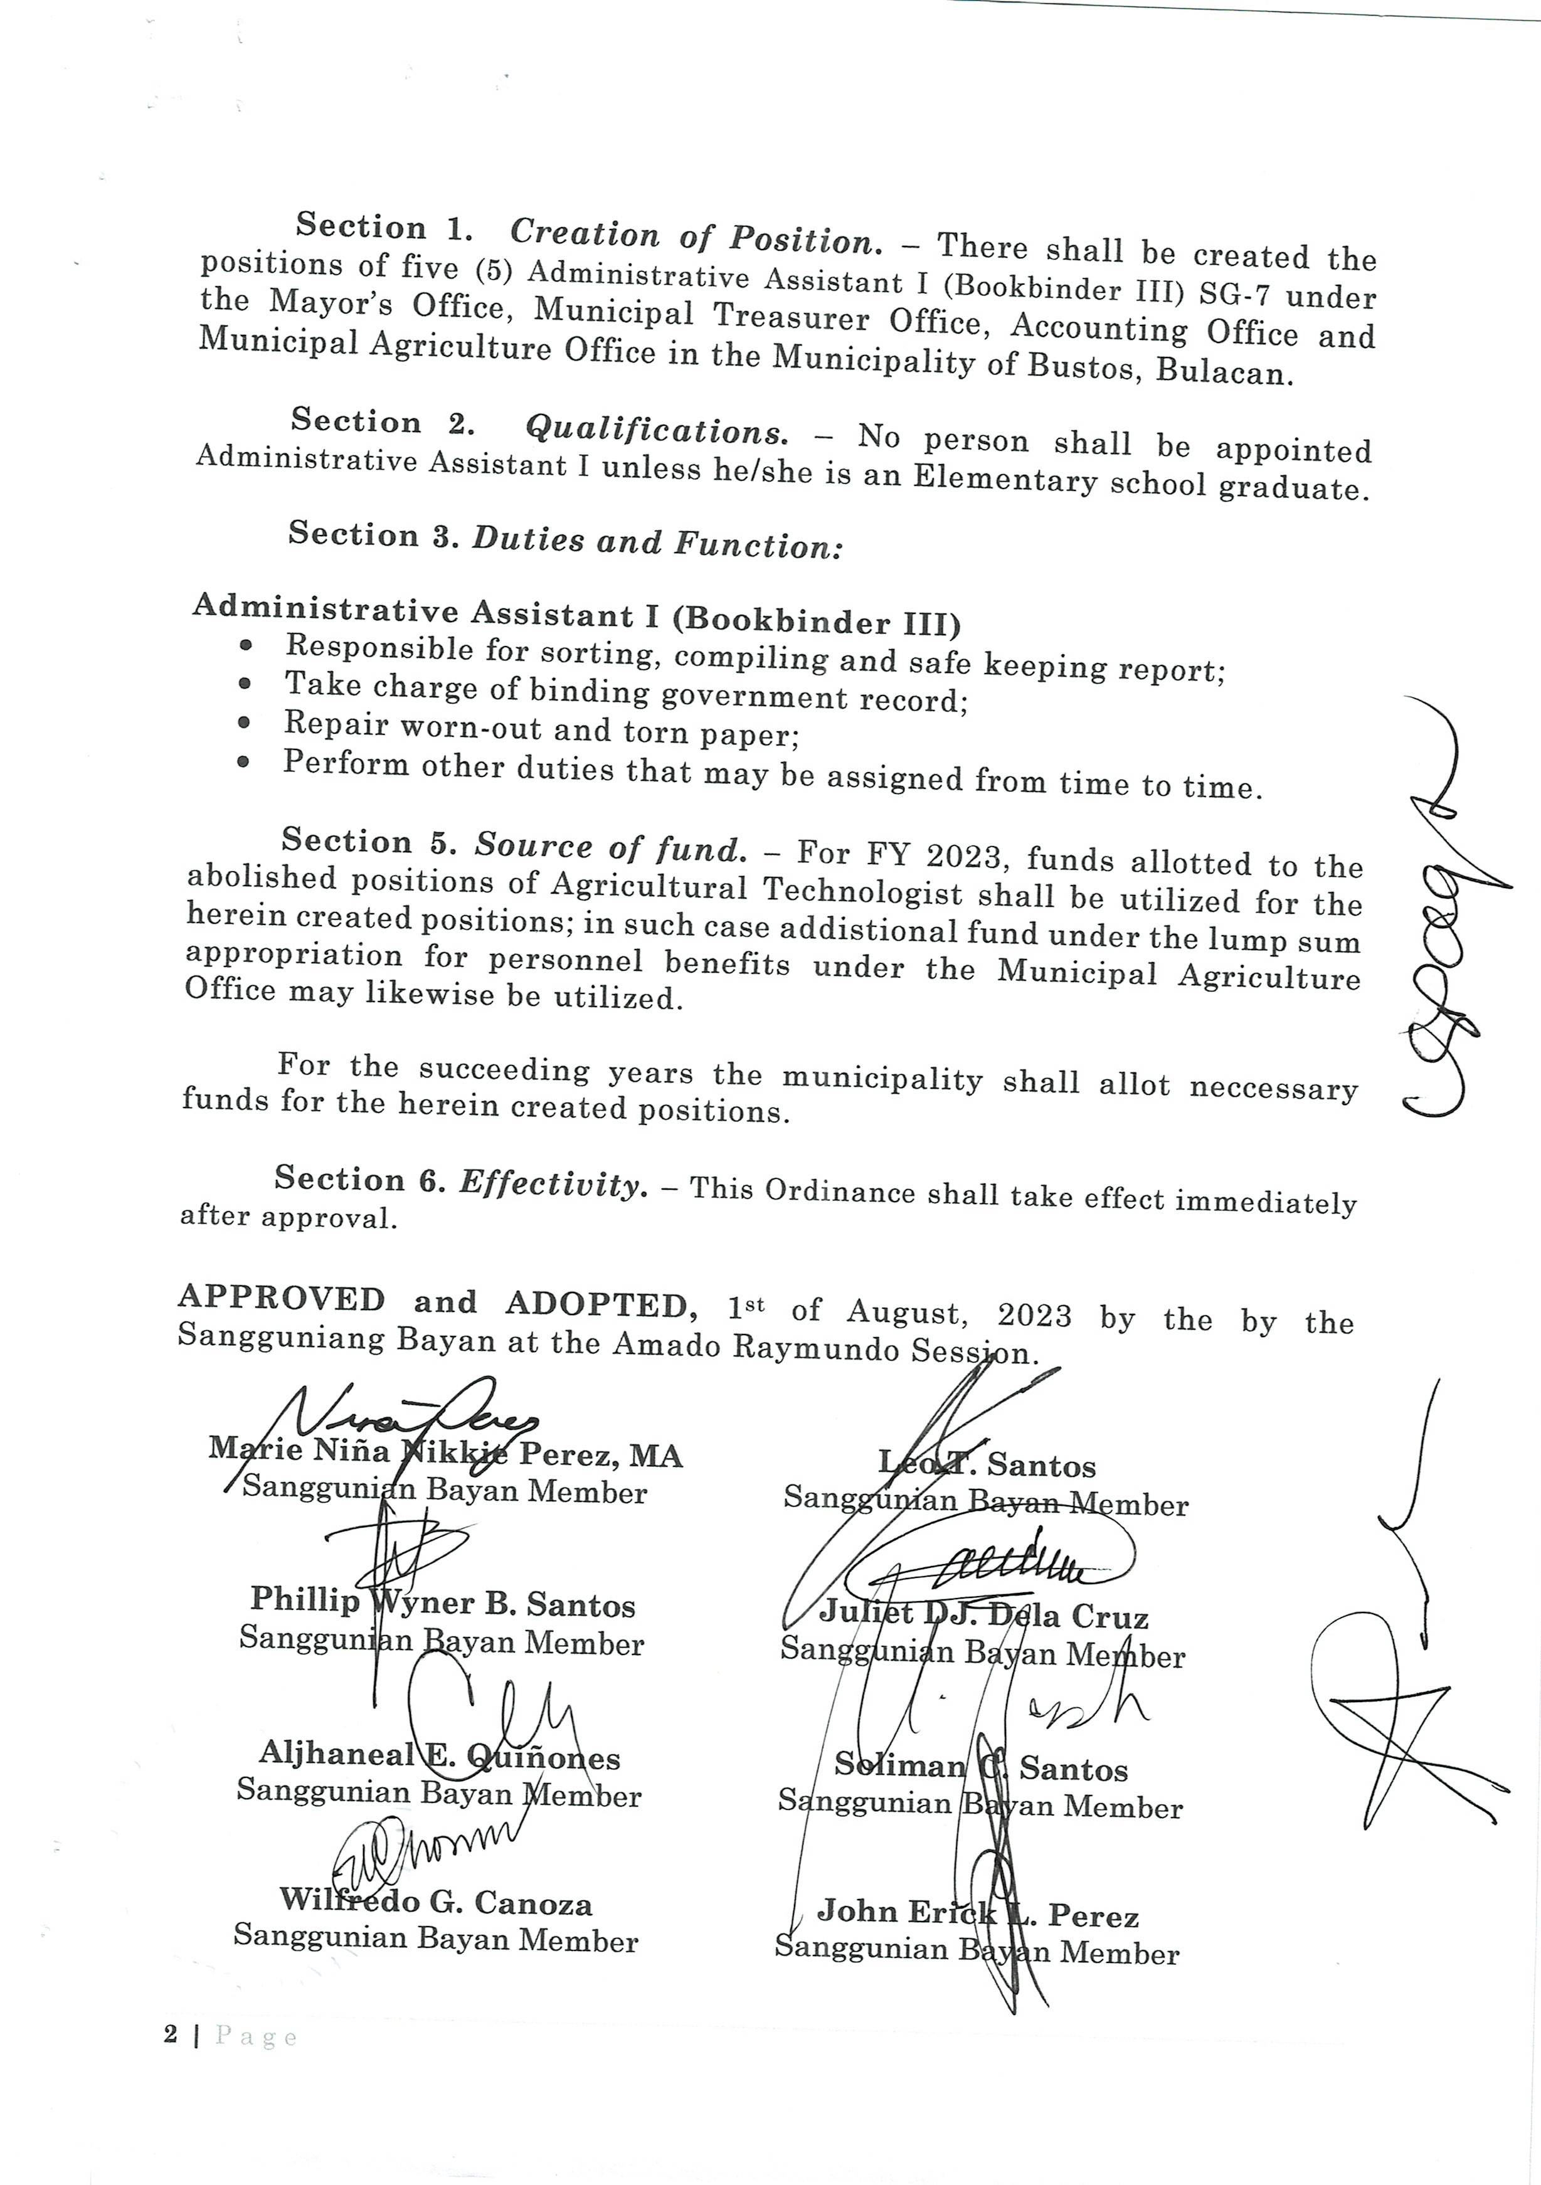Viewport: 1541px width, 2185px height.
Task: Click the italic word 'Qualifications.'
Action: (657, 430)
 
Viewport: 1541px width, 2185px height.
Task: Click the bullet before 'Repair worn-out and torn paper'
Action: (245, 723)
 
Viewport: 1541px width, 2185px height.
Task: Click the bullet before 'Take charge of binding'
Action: (246, 684)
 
